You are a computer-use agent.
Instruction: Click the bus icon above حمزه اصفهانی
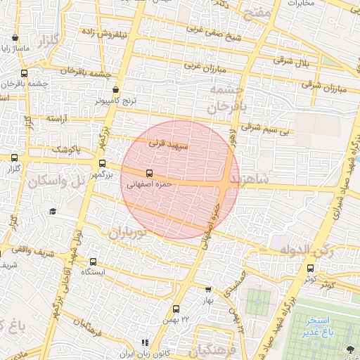148,172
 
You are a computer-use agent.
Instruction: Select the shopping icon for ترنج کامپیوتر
116,90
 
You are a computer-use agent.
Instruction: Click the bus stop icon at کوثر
311,267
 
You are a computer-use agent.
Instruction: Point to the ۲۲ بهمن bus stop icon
176,308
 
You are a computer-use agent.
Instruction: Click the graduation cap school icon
53,211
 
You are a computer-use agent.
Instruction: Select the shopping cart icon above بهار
208,289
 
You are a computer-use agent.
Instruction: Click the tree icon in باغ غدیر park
350,349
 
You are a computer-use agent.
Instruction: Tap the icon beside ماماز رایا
15,38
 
